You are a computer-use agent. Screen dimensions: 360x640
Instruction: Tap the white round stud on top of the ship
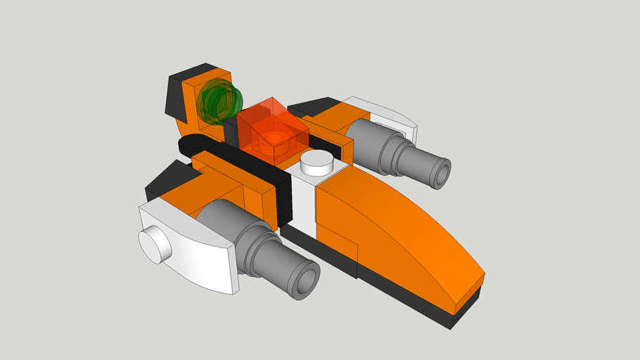tap(317, 164)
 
